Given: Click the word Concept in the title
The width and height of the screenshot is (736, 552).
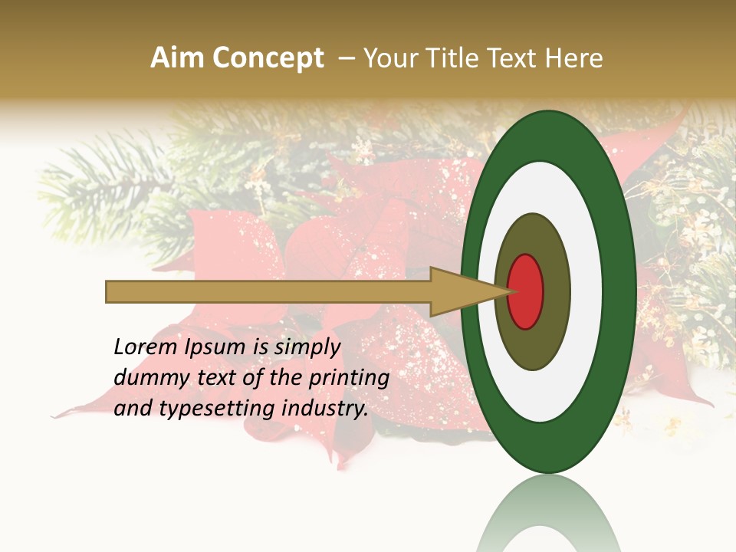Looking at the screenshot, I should tap(268, 59).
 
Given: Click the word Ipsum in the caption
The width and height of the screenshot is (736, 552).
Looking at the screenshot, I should tap(215, 347).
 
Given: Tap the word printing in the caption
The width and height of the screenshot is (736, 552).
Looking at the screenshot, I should tap(351, 379).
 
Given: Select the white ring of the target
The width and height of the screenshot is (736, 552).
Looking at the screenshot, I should tap(587, 291).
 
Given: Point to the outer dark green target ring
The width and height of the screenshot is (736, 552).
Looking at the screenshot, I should tap(621, 291).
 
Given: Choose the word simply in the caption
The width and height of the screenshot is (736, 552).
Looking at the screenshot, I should tap(307, 347).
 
